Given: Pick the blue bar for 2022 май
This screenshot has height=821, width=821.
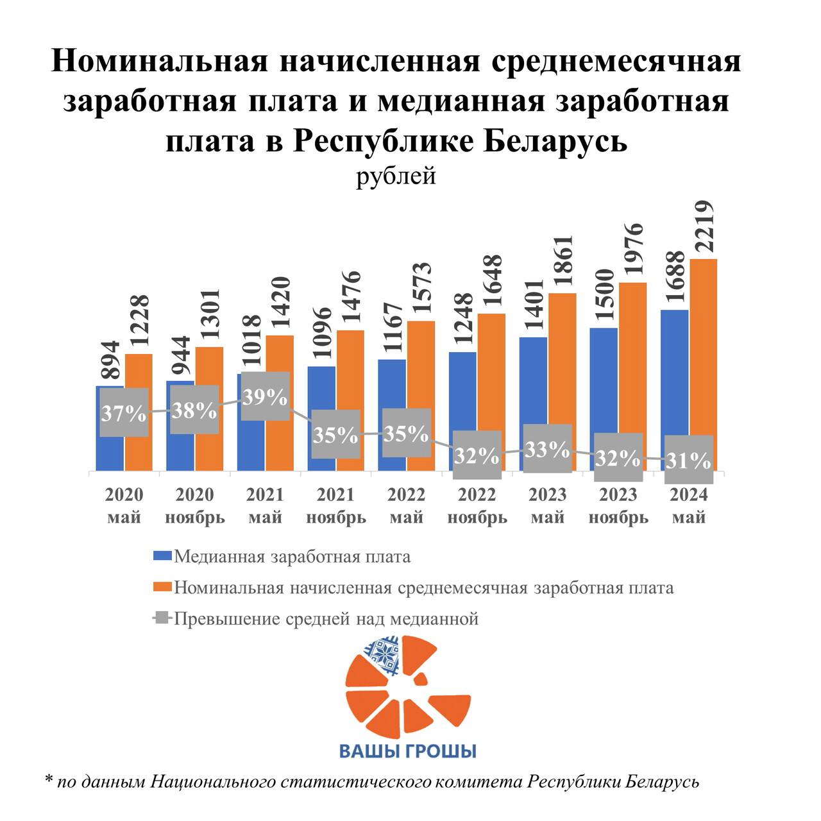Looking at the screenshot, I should click(391, 385).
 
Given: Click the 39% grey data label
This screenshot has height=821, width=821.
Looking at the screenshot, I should click(265, 397).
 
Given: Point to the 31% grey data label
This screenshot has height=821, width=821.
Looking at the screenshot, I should click(688, 460).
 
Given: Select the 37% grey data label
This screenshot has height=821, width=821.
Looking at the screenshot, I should click(124, 413).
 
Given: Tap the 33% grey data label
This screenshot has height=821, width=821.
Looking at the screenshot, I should click(547, 449).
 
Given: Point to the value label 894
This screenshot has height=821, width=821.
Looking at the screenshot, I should click(110, 362).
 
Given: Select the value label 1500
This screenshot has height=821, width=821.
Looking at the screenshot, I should click(603, 298).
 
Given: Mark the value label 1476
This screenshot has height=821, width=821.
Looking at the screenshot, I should click(351, 300).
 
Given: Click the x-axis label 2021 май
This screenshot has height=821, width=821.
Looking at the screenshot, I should click(265, 505).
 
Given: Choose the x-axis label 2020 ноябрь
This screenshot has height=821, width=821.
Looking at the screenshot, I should click(195, 505).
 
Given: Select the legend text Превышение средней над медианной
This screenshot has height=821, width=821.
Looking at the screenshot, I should click(326, 619).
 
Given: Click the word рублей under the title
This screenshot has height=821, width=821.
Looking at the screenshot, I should click(396, 176).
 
